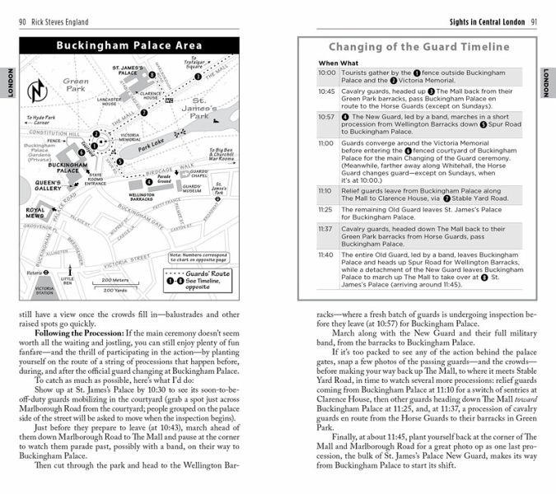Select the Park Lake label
(x=151, y=147)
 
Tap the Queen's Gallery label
(x=49, y=186)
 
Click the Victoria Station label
(x=44, y=290)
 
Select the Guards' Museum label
(x=192, y=188)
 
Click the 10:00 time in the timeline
(x=327, y=72)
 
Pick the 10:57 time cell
(x=327, y=117)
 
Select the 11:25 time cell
(x=327, y=210)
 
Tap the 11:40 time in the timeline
(x=327, y=255)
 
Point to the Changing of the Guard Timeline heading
(x=419, y=47)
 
